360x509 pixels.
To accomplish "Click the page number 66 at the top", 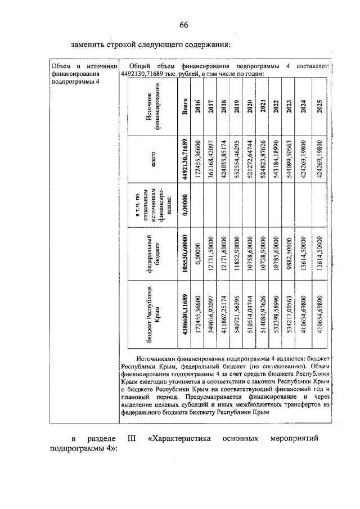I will tap(183, 24).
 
